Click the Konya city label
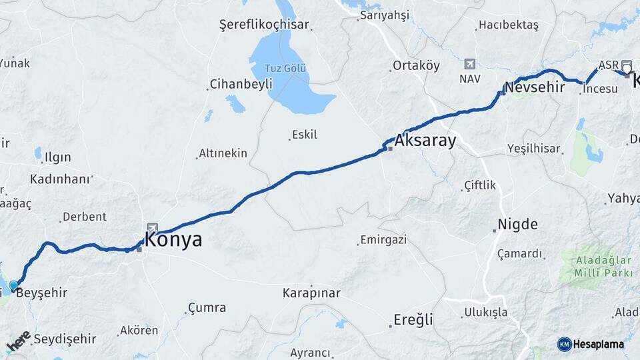click(x=173, y=240)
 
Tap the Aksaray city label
click(x=425, y=141)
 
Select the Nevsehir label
click(x=534, y=87)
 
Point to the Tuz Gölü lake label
click(x=286, y=69)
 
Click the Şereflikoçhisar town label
click(x=264, y=25)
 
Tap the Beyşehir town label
click(x=41, y=292)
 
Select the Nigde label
click(x=517, y=224)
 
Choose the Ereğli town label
click(x=413, y=319)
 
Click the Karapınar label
click(x=311, y=293)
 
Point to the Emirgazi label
click(x=383, y=239)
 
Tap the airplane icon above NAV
click(x=469, y=65)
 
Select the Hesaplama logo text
click(x=598, y=344)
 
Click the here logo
click(x=18, y=341)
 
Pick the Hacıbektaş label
click(x=507, y=25)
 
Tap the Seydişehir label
click(x=65, y=339)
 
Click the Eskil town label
click(x=305, y=135)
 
